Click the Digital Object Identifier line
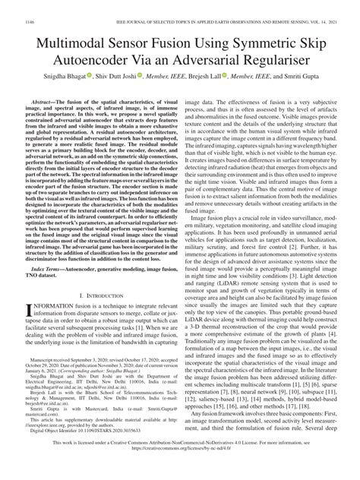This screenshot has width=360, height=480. [x=80, y=444]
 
